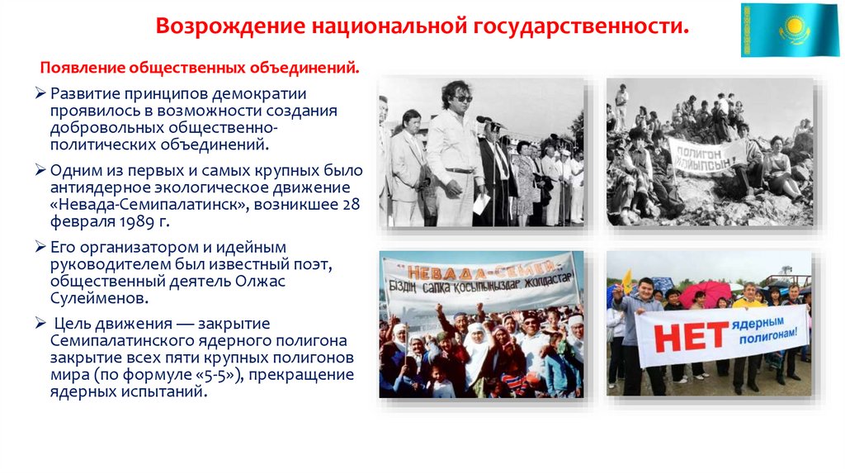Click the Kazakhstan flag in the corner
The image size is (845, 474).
pyautogui.click(x=789, y=30)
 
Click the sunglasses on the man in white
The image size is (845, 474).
pyautogui.click(x=460, y=98)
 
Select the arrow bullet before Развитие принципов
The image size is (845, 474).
pyautogui.click(x=40, y=92)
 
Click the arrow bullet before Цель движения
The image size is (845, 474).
pyautogui.click(x=40, y=323)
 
